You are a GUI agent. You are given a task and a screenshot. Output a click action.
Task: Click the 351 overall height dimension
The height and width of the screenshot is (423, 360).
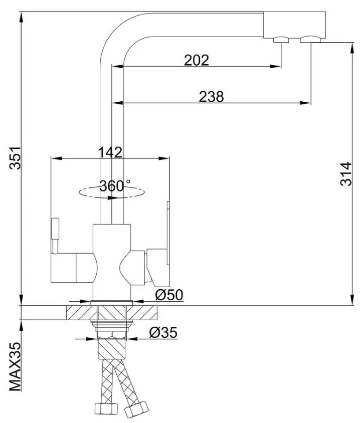point(15,158)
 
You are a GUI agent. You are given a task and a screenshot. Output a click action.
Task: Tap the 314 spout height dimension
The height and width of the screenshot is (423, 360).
point(346,174)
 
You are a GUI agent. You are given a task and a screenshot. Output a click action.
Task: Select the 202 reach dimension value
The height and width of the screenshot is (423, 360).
point(197,60)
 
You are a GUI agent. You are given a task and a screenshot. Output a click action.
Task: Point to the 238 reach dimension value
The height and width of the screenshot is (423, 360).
point(211,97)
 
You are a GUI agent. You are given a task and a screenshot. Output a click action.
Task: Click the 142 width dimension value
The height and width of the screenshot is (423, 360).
point(110,152)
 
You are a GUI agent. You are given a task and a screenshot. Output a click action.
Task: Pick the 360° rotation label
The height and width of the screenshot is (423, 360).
point(115,185)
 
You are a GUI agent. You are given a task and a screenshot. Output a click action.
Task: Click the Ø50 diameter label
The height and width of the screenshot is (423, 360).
point(169,295)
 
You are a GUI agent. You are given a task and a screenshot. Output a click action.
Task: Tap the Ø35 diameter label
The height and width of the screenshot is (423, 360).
point(163,332)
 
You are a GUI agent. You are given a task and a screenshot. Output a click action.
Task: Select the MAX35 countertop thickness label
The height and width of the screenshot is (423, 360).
point(16,367)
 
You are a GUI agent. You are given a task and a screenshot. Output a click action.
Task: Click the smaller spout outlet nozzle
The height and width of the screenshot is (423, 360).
point(281,40)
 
